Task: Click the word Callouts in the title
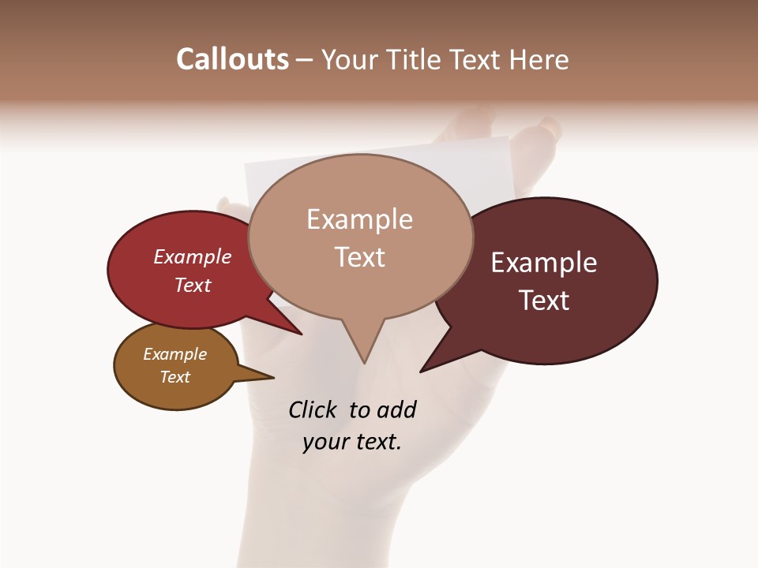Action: (x=232, y=59)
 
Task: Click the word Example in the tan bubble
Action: (x=359, y=219)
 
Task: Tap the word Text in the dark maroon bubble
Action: (x=544, y=301)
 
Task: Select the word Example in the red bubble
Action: (x=193, y=256)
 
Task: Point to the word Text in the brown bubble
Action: (x=175, y=377)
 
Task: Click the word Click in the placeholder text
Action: (x=313, y=409)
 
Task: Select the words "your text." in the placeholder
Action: (x=352, y=442)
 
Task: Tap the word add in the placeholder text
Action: (x=397, y=409)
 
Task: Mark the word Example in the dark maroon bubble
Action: (x=544, y=263)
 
